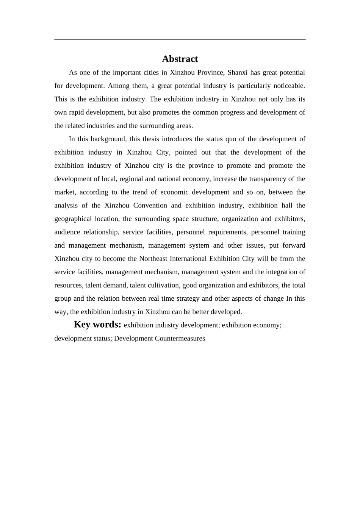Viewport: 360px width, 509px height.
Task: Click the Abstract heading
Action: click(180, 59)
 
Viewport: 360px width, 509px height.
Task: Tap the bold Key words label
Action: click(97, 325)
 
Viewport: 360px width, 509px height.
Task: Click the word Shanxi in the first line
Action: click(237, 72)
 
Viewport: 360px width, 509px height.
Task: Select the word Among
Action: click(119, 86)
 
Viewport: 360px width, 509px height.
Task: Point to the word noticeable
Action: click(290, 86)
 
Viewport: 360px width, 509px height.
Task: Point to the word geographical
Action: click(73, 219)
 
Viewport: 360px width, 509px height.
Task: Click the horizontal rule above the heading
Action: click(180, 40)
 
